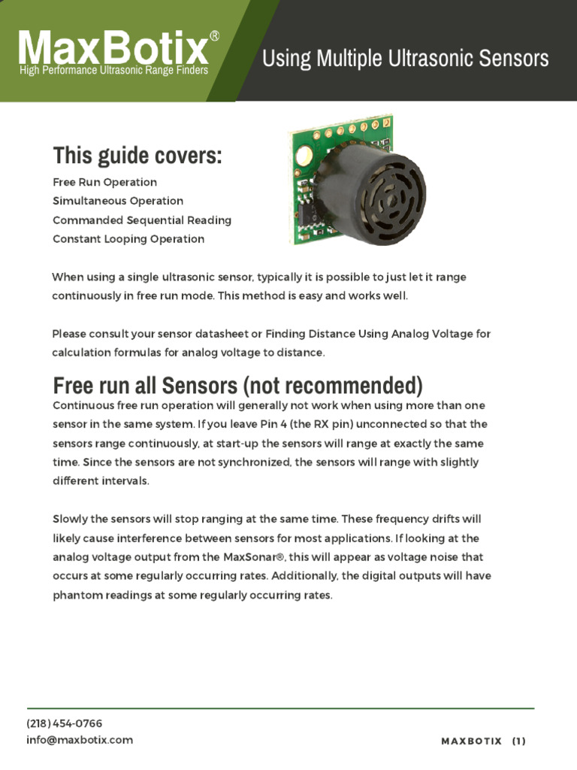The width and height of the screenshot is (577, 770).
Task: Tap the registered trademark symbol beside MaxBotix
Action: point(215,35)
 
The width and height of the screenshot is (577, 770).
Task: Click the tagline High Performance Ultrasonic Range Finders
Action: point(113,71)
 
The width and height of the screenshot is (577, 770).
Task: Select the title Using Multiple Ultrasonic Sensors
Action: point(405,58)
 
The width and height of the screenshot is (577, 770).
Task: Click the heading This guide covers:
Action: point(137,156)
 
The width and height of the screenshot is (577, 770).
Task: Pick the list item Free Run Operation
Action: point(104,182)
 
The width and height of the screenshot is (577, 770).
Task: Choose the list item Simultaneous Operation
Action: point(118,201)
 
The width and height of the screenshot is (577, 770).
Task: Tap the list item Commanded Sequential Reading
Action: point(142,220)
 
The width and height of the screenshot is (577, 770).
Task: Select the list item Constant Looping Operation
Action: point(128,239)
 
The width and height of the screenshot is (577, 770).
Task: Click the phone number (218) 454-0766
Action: point(65,723)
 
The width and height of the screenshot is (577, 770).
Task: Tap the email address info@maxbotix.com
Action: point(80,740)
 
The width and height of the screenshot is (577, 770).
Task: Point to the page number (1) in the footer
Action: point(518,741)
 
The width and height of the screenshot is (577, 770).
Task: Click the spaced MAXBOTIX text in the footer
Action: point(471,741)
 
